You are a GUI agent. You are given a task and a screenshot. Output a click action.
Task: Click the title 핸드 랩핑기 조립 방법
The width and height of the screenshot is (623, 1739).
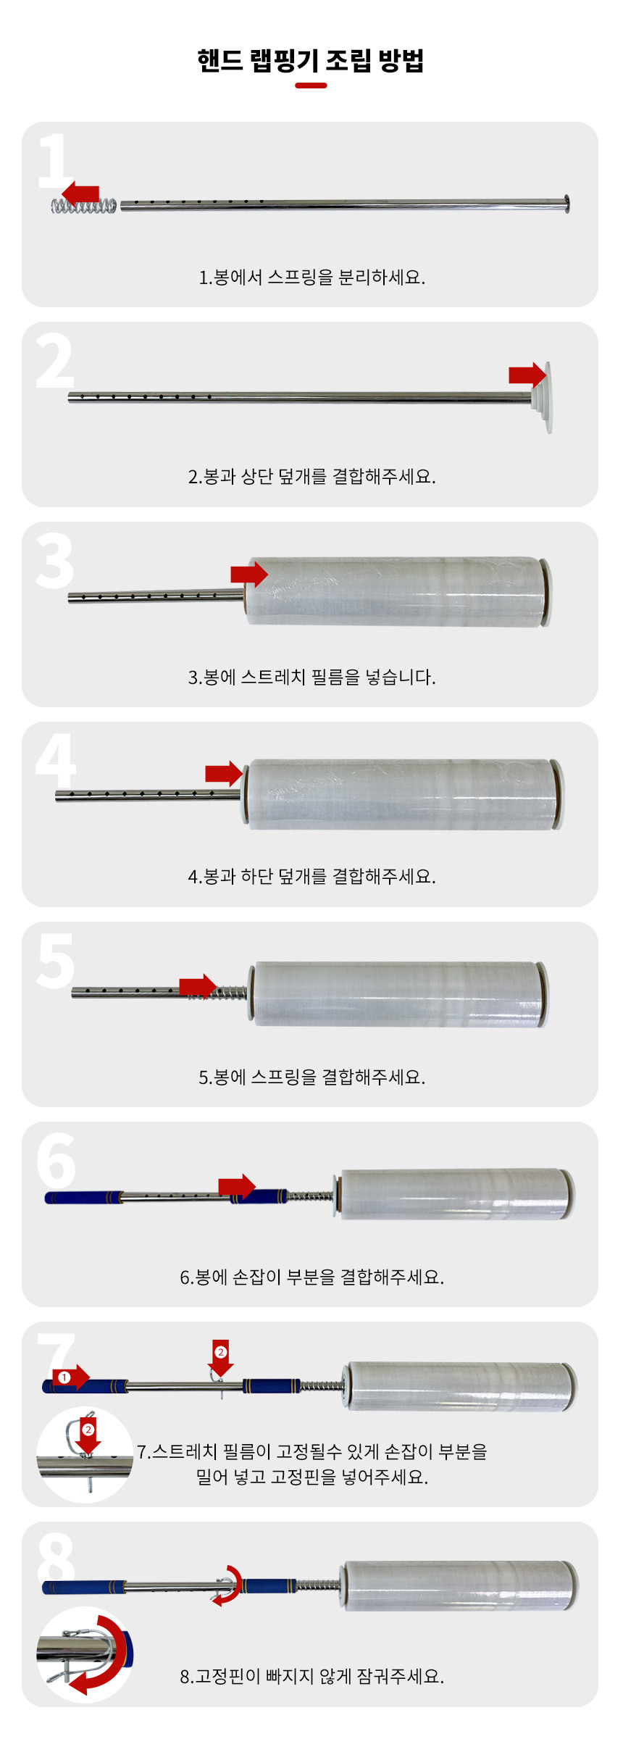point(311,60)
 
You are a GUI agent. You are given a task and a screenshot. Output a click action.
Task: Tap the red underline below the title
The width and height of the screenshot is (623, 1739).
point(311,86)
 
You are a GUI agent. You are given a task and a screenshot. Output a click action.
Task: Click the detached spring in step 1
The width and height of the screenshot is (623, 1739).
point(83,207)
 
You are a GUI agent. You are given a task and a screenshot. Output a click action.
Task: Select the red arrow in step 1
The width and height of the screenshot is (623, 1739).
point(80,193)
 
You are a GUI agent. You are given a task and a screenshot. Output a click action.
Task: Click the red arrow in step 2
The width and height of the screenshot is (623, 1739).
point(527,375)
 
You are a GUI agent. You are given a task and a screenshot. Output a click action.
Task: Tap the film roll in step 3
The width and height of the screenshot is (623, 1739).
point(397,591)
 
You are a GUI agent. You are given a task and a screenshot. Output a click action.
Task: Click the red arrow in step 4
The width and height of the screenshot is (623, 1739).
point(224,774)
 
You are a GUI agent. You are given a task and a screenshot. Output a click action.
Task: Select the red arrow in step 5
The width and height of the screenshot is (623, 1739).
point(198,987)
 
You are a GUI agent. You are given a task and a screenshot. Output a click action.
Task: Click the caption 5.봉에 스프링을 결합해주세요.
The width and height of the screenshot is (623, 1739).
point(311,1077)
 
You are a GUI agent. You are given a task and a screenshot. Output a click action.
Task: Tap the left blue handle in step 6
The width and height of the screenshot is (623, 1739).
point(83,1197)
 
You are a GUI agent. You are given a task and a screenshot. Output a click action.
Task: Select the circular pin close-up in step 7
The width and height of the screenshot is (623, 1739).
point(85,1454)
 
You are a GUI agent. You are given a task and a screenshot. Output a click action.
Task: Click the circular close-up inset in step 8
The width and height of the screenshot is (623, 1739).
point(85,1654)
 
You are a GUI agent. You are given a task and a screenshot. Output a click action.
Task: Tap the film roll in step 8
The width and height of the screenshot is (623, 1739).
point(461,1585)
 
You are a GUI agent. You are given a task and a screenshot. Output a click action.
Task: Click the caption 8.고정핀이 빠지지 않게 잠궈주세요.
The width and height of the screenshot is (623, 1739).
point(311,1676)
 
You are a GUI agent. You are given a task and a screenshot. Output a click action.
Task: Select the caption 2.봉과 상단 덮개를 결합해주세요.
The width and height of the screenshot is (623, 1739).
point(311,476)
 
